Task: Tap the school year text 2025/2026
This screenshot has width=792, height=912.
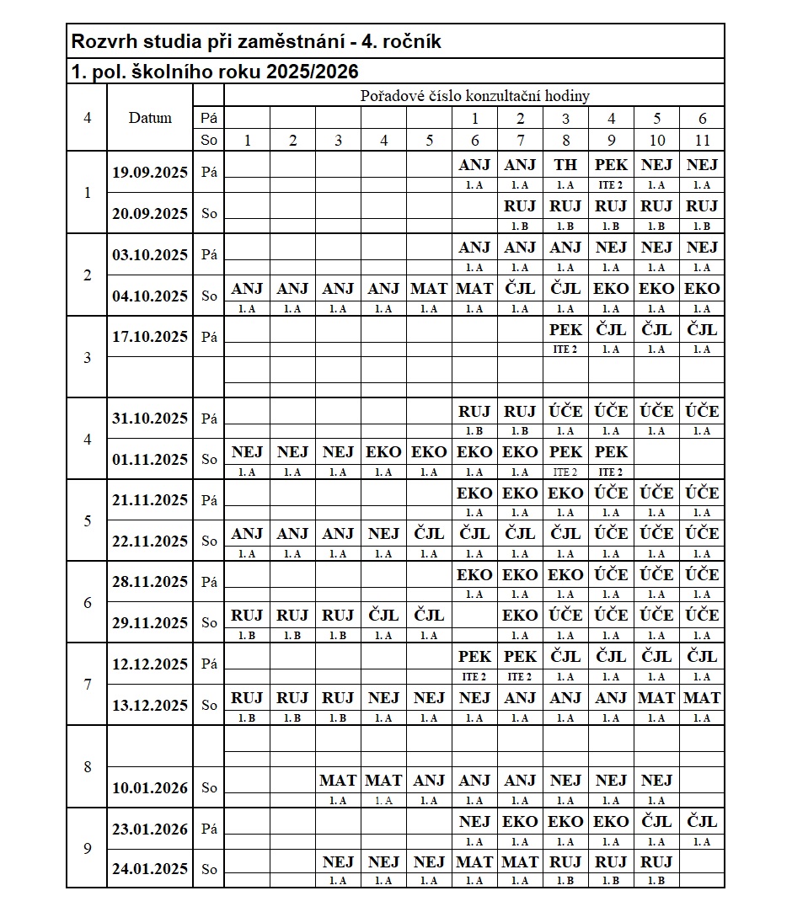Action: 312,72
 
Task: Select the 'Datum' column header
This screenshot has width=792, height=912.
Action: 150,118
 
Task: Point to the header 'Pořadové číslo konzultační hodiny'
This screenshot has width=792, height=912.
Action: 474,96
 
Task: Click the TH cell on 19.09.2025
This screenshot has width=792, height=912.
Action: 565,165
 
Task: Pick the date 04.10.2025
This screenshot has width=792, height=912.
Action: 150,296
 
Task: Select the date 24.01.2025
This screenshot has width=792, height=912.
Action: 150,869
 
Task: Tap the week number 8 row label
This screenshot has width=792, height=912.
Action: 88,767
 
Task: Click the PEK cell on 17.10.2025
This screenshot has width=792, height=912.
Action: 565,329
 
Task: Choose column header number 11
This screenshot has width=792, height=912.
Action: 702,141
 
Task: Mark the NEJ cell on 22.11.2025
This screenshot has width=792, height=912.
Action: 383,534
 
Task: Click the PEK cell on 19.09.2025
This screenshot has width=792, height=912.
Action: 611,165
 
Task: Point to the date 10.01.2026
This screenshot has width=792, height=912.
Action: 150,788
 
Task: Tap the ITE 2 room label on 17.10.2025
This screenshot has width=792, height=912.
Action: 565,349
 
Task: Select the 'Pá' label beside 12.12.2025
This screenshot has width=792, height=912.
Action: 208,664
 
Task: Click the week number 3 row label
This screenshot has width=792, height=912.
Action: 88,358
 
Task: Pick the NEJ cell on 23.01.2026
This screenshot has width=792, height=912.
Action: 474,822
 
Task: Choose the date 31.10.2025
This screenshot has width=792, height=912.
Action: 150,419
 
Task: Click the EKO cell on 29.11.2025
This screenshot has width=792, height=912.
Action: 520,616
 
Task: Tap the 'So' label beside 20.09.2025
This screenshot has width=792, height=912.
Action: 208,214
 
